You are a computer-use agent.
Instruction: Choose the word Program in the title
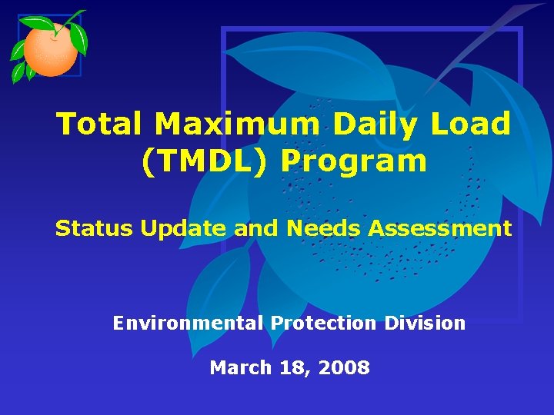pyautogui.click(x=353, y=161)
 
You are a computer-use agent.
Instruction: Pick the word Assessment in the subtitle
pyautogui.click(x=440, y=228)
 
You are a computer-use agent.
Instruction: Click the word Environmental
pyautogui.click(x=188, y=324)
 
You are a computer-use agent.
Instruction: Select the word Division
pyautogui.click(x=425, y=324)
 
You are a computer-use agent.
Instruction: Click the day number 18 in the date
pyautogui.click(x=292, y=368)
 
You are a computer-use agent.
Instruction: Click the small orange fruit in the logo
pyautogui.click(x=50, y=50)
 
